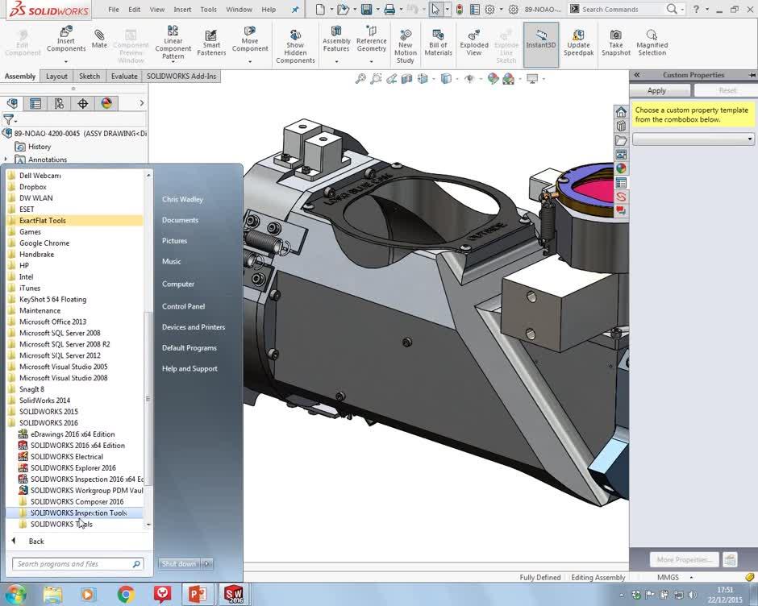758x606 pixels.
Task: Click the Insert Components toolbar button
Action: click(66, 40)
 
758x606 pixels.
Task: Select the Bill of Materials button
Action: click(438, 42)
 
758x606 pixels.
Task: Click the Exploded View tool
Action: click(474, 42)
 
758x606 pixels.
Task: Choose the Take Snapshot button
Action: click(615, 42)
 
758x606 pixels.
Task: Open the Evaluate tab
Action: click(124, 77)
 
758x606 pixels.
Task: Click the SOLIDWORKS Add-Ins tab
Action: click(182, 77)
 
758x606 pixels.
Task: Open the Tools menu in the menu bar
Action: click(208, 10)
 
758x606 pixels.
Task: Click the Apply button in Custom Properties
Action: click(657, 90)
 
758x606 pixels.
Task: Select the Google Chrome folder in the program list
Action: click(44, 243)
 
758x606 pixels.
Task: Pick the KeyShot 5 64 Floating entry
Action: click(52, 300)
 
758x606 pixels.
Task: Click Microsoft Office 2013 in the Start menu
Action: click(52, 322)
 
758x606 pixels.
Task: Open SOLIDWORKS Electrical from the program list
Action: click(66, 457)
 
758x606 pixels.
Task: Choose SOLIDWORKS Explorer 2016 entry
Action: click(73, 468)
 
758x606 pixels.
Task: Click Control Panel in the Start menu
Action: click(183, 306)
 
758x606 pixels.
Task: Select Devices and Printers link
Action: click(193, 327)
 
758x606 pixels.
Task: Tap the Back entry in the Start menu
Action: click(36, 542)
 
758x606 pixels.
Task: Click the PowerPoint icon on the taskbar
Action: click(197, 595)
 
